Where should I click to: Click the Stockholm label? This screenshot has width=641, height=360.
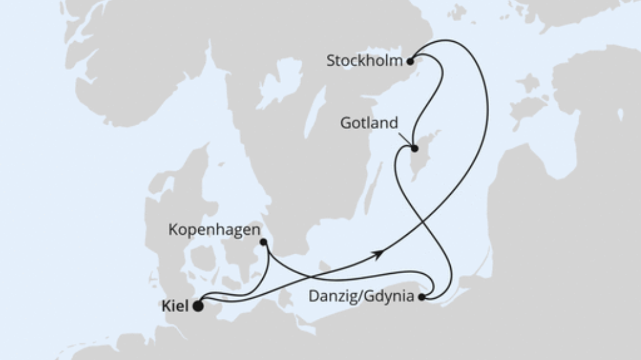click(x=364, y=61)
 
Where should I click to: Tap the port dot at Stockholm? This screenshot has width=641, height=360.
click(x=410, y=59)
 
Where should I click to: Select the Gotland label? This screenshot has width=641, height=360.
click(x=368, y=123)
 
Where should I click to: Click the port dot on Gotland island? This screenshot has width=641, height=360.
click(x=415, y=149)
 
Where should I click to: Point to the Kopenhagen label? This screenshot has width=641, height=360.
click(x=214, y=230)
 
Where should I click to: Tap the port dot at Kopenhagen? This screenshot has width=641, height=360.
click(x=263, y=242)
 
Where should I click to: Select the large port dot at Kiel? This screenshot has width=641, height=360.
click(x=198, y=306)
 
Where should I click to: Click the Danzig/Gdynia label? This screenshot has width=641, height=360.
click(x=362, y=297)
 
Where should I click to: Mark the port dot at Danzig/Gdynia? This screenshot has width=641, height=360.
click(x=422, y=297)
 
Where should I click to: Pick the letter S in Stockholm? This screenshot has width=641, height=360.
click(x=331, y=61)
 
